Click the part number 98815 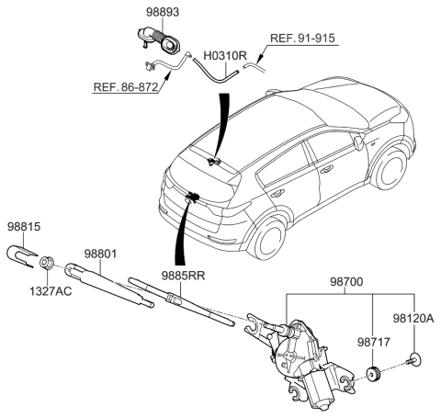[25, 226]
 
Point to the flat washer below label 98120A [416, 358]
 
